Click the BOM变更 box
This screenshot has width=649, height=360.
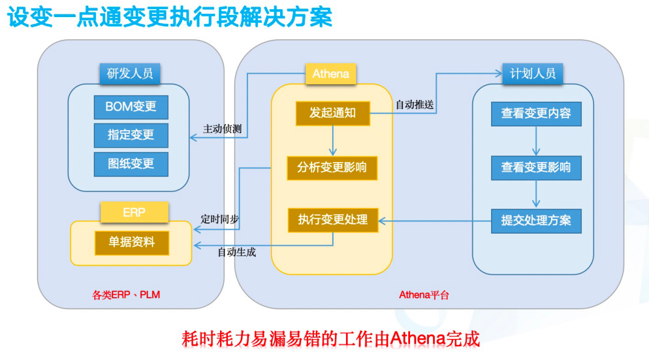tap(131, 107)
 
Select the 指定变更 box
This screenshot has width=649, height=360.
tap(131, 135)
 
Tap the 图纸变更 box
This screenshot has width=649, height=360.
tap(131, 164)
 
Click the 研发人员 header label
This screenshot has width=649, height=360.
tap(130, 74)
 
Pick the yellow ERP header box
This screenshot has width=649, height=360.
tap(134, 212)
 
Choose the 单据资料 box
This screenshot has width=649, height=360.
tap(132, 243)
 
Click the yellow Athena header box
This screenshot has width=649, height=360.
tap(331, 74)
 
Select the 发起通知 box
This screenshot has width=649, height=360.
tap(333, 113)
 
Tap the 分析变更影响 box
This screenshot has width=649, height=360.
tap(332, 168)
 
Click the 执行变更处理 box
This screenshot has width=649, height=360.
tap(333, 220)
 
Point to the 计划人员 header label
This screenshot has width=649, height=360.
tap(533, 74)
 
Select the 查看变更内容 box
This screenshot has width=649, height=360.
tap(536, 114)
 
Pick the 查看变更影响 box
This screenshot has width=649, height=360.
tap(536, 168)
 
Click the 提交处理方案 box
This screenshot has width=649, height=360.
tap(536, 221)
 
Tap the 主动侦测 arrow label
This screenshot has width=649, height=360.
tap(222, 129)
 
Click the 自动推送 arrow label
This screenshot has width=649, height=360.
tap(415, 105)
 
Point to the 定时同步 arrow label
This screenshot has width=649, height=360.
tap(220, 219)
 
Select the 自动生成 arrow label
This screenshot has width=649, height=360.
tap(236, 252)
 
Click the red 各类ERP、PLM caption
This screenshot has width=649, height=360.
tap(126, 295)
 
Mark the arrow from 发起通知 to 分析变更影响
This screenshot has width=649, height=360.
tap(333, 140)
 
